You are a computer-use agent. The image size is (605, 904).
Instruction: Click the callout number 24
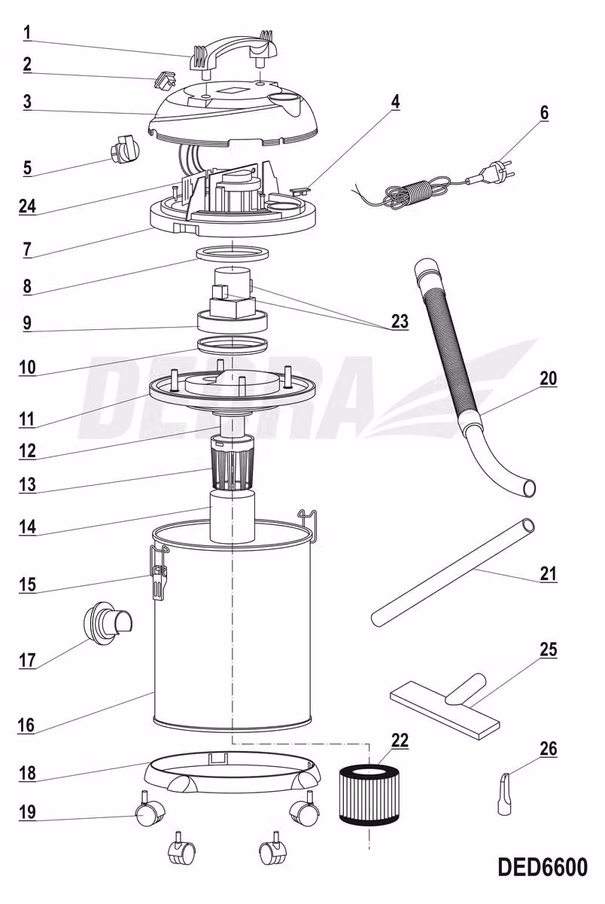(27, 206)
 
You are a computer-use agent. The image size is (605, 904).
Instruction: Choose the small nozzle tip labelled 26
(504, 793)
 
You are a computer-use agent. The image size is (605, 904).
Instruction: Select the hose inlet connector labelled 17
(106, 622)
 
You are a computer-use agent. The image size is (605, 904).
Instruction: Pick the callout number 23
(400, 322)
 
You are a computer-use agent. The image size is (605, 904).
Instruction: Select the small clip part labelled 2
(165, 79)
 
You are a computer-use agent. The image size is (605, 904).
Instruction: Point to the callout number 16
(26, 725)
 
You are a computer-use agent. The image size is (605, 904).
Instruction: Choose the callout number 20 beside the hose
(548, 379)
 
